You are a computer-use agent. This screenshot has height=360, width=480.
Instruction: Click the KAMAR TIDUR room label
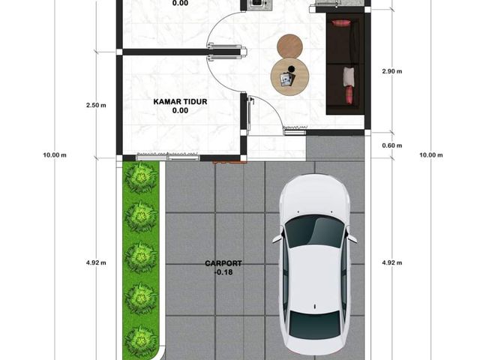[x=180, y=101]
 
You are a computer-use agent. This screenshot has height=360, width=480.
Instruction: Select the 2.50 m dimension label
[x=96, y=105]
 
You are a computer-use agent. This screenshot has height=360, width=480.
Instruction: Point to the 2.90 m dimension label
[x=392, y=71]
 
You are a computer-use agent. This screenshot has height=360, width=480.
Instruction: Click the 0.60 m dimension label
[x=392, y=145]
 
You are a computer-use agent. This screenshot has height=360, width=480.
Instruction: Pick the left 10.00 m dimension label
[x=55, y=155]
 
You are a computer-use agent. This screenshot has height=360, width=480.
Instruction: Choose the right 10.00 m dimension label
[x=431, y=155]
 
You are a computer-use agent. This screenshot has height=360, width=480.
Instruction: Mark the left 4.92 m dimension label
[x=96, y=262]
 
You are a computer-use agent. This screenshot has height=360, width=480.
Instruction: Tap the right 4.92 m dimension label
[x=392, y=262]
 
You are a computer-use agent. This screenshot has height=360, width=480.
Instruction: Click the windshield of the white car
[x=315, y=230]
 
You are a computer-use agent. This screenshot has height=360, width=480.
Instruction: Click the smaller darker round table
[x=290, y=46]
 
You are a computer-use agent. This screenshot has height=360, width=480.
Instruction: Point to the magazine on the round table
[x=287, y=80]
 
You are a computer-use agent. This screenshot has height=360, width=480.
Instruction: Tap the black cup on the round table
[x=292, y=68]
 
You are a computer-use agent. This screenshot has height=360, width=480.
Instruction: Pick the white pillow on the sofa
[x=348, y=76]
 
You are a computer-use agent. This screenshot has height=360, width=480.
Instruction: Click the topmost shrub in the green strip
[x=141, y=177]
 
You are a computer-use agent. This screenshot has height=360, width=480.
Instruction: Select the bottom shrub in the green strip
[x=141, y=340]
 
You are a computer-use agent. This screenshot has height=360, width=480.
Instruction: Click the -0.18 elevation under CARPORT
[x=223, y=272]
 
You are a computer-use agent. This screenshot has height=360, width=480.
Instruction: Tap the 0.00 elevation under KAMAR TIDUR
[x=180, y=110]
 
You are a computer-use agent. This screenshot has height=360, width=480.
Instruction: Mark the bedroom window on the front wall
[x=168, y=157]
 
